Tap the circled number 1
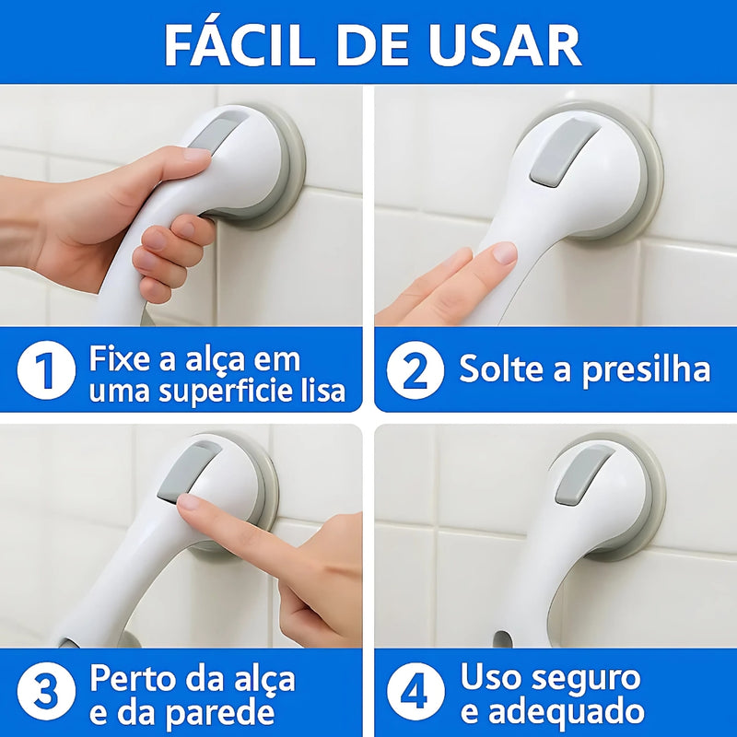point(45,372)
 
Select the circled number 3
point(45,694)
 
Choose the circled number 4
point(415,694)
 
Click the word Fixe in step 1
point(120,358)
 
